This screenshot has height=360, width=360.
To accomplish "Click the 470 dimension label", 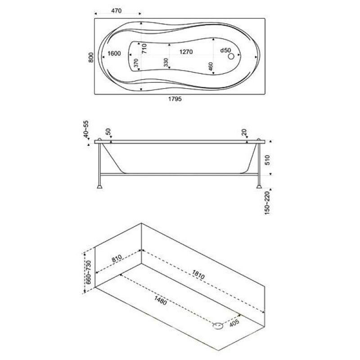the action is (117, 11).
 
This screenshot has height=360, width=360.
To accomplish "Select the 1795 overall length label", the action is (175, 99).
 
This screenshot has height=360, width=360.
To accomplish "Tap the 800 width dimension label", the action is (91, 58).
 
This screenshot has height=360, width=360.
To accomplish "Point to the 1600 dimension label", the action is (114, 54).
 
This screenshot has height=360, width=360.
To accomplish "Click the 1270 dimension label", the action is (186, 52).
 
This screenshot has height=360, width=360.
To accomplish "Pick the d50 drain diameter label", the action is (225, 50).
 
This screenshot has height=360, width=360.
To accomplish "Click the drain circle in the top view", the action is (231, 56).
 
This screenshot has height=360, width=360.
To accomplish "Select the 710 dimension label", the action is (144, 49).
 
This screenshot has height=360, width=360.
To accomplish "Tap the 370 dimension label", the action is (136, 63).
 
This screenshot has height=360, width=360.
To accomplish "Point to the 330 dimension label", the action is (166, 63).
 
